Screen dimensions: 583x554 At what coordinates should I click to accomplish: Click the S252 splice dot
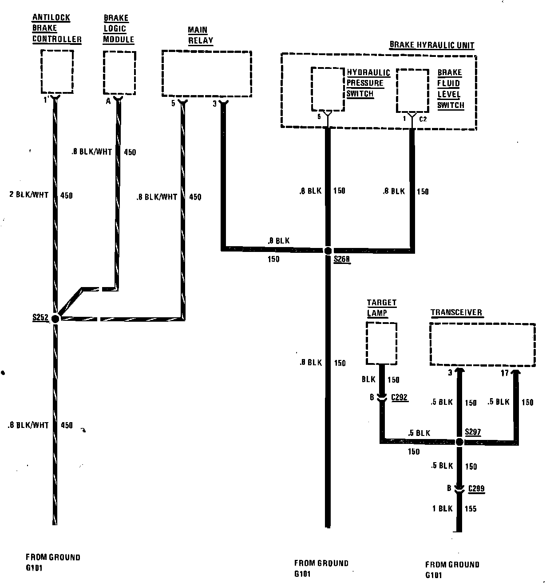point(55,319)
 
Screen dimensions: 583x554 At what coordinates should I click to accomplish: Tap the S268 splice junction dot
point(328,251)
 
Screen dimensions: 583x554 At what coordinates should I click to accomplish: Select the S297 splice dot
point(459,442)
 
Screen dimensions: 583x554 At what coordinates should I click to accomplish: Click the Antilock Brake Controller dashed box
point(57,71)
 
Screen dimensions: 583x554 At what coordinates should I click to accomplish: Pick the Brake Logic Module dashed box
point(119,72)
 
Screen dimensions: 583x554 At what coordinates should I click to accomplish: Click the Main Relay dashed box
point(206,73)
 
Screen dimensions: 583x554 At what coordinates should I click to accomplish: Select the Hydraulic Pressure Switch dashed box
point(328,89)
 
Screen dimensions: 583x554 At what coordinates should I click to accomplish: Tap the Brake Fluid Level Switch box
point(412,90)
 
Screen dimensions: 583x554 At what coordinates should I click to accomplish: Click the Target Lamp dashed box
point(381,343)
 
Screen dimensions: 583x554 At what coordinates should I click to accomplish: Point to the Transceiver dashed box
point(482,344)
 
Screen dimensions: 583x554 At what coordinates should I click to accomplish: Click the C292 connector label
point(400,397)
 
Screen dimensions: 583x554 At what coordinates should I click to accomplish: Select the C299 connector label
point(476,488)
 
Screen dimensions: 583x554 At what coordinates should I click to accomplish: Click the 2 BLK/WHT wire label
point(28,195)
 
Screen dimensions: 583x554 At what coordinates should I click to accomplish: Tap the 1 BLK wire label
point(442,508)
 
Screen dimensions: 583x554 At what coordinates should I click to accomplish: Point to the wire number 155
point(471,508)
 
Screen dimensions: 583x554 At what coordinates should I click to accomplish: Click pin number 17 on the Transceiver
point(504,373)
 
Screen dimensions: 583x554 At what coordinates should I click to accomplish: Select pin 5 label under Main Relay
point(173,104)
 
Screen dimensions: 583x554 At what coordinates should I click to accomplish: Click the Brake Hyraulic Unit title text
point(431,45)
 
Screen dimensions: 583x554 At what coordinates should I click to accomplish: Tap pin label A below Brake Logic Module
point(108,101)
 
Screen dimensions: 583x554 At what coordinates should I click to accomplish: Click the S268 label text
point(341,260)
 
